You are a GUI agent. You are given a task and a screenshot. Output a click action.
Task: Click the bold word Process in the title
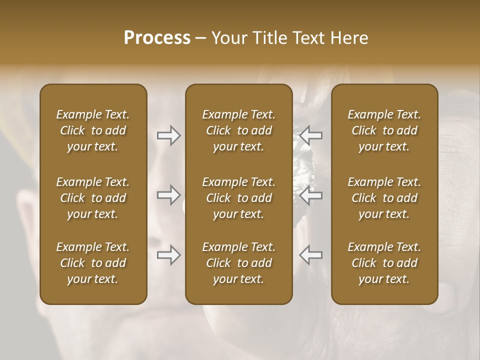(x=157, y=38)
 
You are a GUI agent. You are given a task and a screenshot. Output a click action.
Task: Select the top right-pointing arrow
(x=169, y=135)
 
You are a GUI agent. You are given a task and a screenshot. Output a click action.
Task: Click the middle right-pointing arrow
(x=169, y=195)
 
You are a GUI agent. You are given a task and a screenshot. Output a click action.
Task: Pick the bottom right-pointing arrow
(x=169, y=255)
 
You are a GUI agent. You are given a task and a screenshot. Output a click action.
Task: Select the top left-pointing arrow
(x=311, y=135)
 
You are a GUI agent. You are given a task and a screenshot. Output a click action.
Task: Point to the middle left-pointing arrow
(x=311, y=195)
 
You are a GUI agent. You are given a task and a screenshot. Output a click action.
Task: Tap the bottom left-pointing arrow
(x=311, y=255)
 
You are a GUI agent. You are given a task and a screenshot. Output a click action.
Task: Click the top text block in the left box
(x=93, y=130)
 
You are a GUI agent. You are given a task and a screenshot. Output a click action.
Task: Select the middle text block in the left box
(x=93, y=198)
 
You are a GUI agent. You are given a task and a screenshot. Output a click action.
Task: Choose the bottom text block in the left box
(x=93, y=263)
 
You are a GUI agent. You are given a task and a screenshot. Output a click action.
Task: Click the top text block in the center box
(x=238, y=130)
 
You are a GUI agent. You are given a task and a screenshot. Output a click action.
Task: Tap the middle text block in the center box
(x=238, y=198)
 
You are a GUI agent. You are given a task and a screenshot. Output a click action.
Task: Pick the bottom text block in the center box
(x=238, y=263)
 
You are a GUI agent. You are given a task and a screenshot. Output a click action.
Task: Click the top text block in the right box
(x=384, y=130)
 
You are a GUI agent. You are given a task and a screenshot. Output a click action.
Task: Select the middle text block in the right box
(x=384, y=198)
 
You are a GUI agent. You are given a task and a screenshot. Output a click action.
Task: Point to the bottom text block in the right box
(x=384, y=263)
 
